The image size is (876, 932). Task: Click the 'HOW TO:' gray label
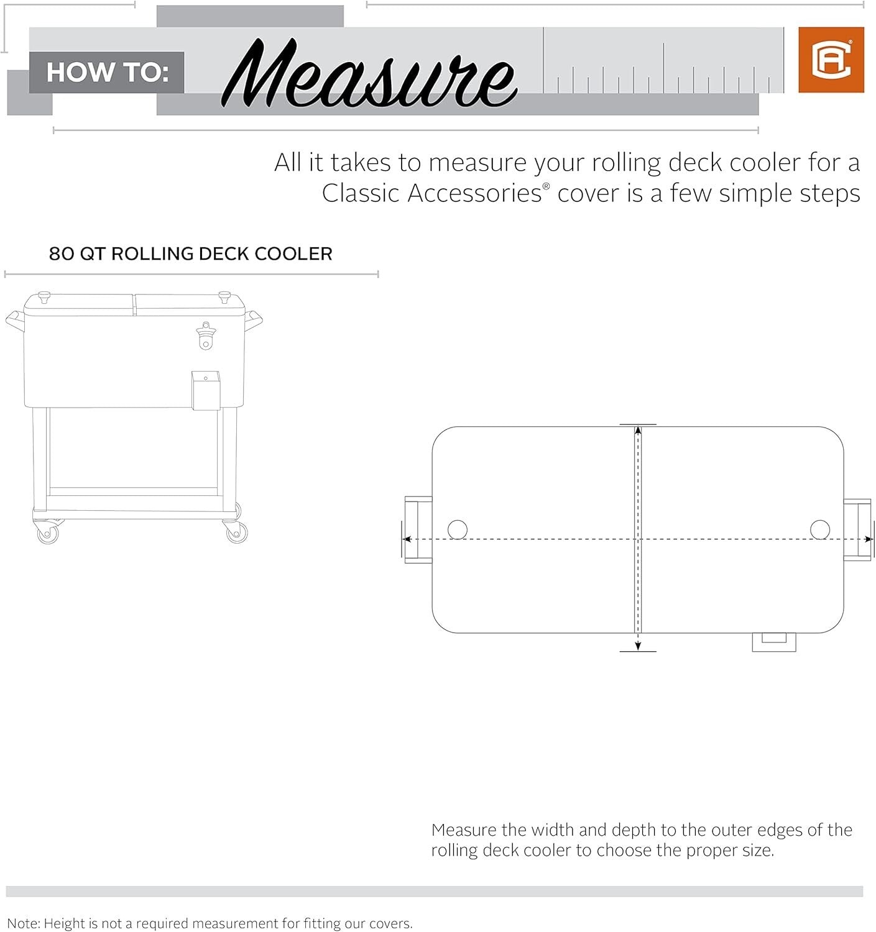107,72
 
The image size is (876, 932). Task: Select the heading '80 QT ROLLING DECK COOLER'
190,254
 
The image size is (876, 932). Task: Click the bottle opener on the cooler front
205,336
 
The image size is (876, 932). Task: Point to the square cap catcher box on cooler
205,391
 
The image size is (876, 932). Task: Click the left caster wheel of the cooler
47,532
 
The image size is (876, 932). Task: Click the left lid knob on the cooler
44,297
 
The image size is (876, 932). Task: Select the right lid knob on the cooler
224,297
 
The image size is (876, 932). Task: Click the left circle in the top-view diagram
457,529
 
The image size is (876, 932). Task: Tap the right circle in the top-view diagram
820,529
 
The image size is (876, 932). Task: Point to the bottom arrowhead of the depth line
638,646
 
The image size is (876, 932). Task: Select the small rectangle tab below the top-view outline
773,641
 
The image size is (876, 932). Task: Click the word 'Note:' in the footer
23,924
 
